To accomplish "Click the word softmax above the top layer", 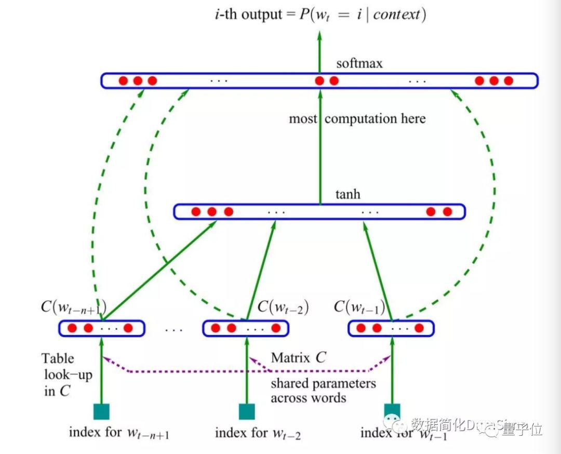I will tap(359, 64).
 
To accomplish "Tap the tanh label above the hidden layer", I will tap(348, 195).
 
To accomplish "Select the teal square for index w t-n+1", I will tap(101, 411).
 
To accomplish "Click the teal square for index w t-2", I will tap(247, 411).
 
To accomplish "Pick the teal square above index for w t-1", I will tap(392, 411).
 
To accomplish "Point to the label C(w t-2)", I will tap(283, 308).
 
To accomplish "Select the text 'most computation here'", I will tap(357, 119).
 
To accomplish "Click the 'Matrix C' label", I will tap(298, 358).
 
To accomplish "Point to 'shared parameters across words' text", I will tap(323, 391).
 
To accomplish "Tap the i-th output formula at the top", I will tap(320, 15).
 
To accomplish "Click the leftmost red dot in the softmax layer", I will tap(123, 81).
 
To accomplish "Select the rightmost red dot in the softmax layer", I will tap(509, 81).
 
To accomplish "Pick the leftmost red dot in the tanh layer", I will tap(196, 212).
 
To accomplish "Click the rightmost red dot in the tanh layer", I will tap(447, 212).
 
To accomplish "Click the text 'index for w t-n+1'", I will tap(119, 433).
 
